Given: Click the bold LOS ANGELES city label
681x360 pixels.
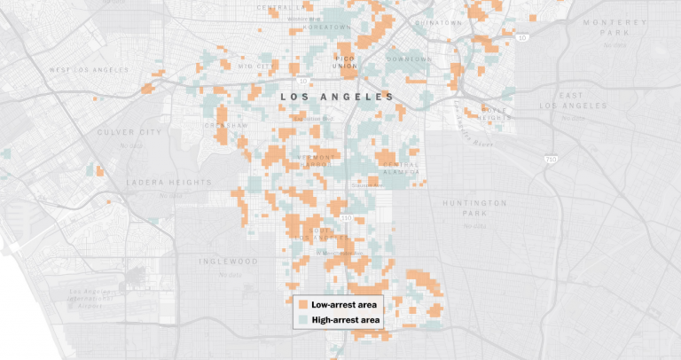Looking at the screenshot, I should [336, 96].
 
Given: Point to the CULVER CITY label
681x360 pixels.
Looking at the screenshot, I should [130, 132].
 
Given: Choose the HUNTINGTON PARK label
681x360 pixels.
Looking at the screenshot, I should [475, 207].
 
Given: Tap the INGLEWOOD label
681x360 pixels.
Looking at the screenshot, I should [229, 262].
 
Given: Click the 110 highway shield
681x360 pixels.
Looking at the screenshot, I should [346, 218].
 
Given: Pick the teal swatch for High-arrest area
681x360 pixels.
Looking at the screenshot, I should [303, 318].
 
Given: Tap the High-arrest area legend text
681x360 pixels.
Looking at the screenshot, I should [346, 318].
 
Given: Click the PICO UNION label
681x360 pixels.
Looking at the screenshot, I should [345, 62].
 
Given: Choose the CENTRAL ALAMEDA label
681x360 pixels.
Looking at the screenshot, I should [401, 169].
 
